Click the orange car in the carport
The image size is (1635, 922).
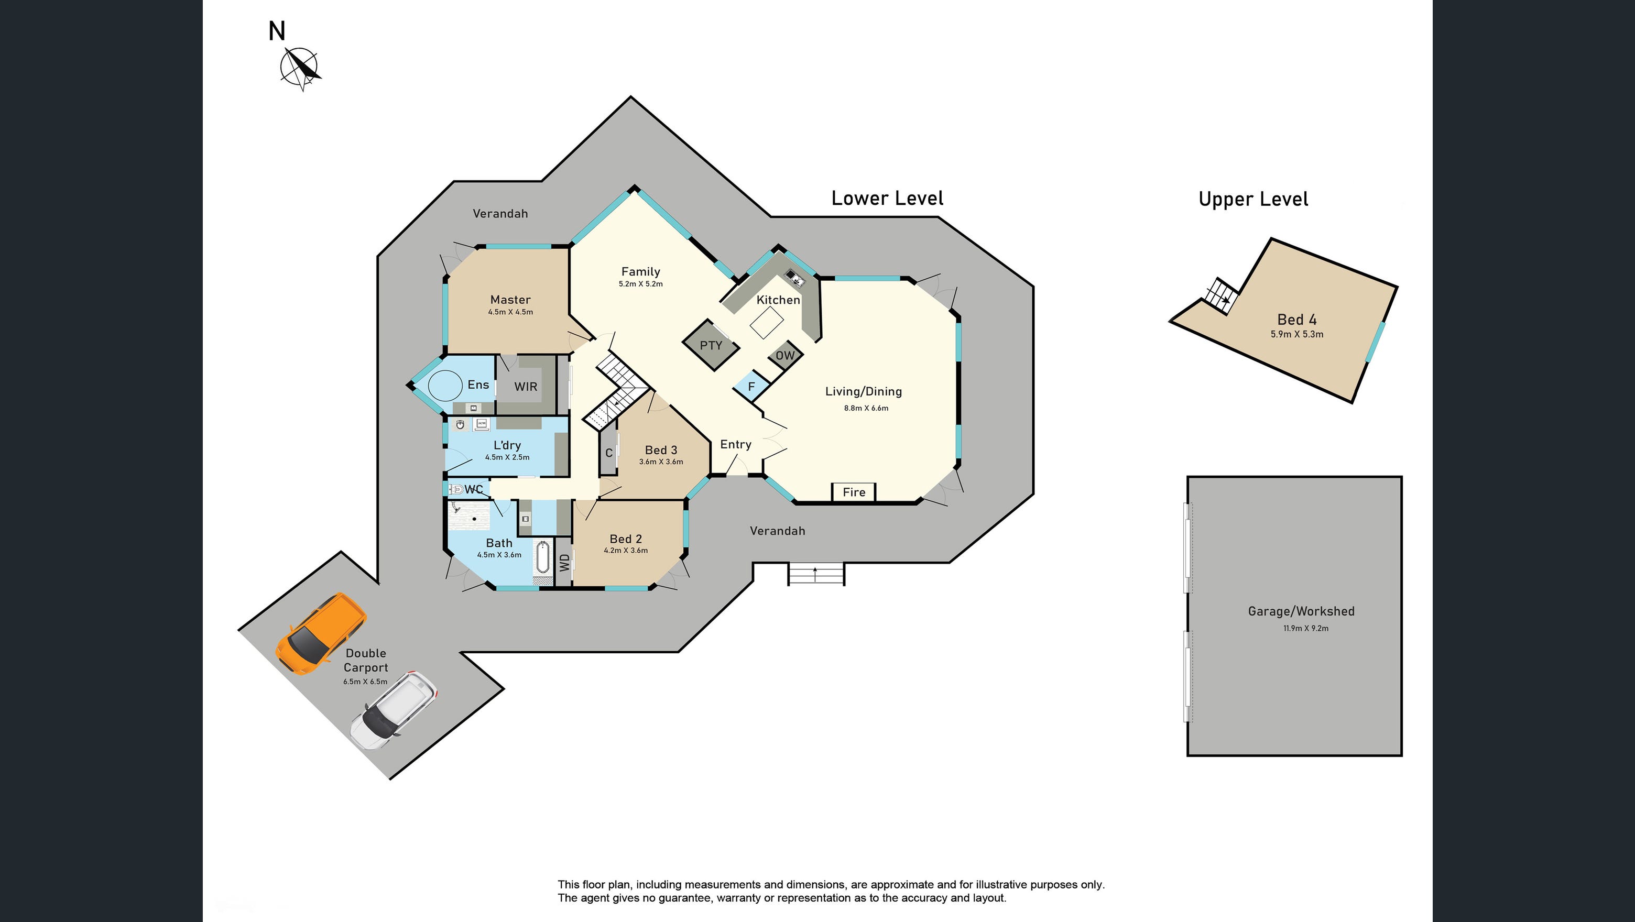point(321,633)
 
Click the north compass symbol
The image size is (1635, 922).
point(300,67)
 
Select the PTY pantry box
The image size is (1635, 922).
point(711,345)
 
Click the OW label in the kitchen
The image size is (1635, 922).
point(785,355)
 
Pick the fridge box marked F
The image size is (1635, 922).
point(751,387)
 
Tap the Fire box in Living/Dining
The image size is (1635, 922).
point(854,492)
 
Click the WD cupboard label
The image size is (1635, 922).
point(564,562)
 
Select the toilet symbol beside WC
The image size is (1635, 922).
point(456,489)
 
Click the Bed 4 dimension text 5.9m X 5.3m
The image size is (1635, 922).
point(1296,334)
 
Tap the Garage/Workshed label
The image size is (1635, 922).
point(1301,611)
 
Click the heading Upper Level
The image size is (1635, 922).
point(1253,199)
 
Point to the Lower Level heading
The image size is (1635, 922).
point(887,199)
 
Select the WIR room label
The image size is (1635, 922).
point(526,387)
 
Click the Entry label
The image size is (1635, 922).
point(736,444)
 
